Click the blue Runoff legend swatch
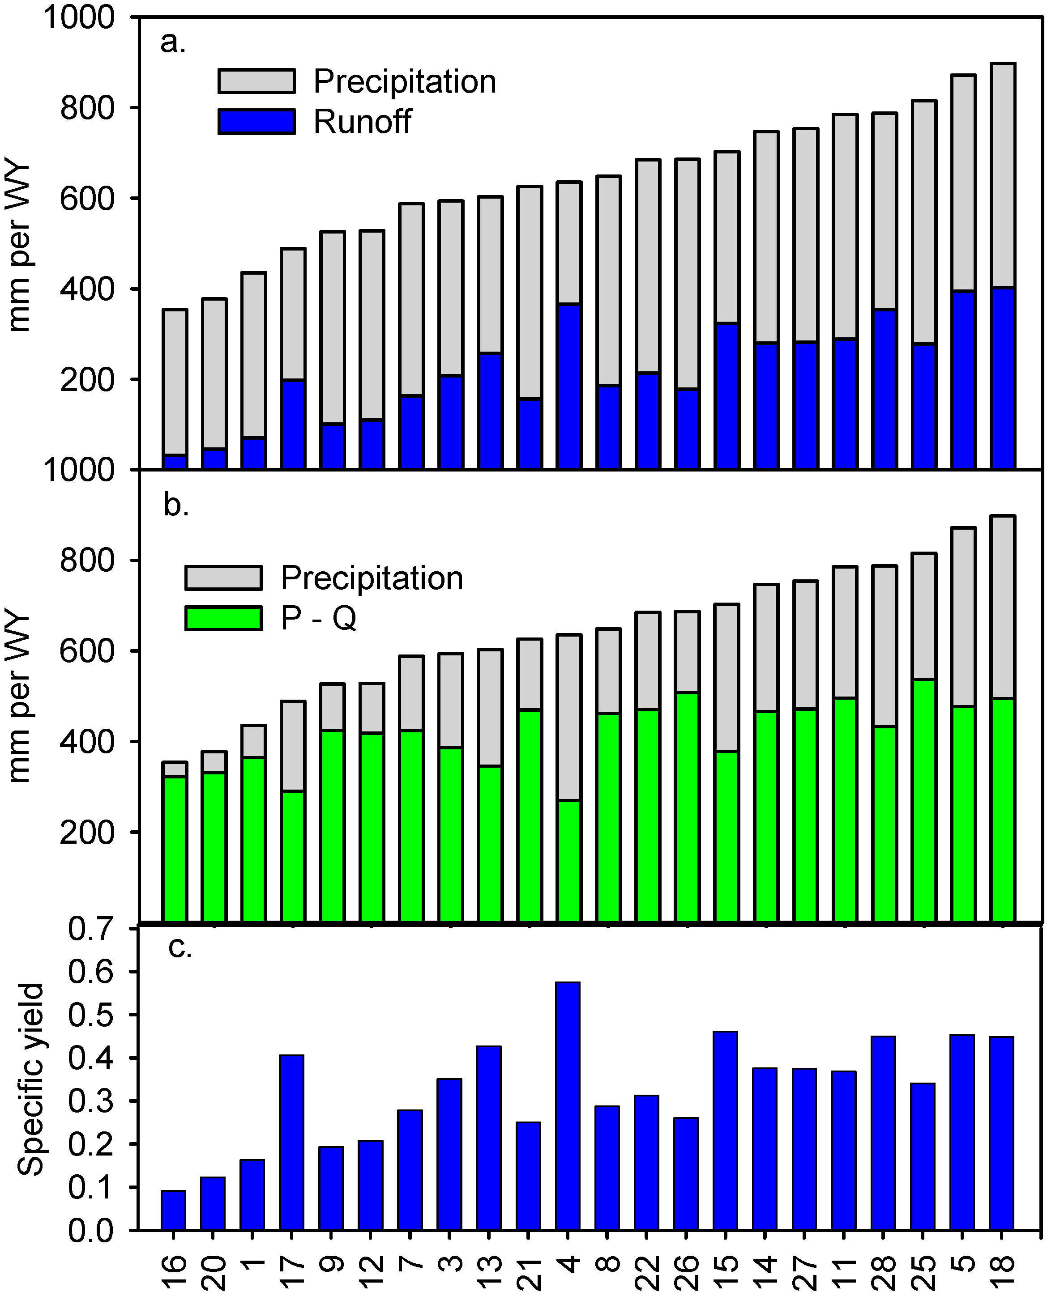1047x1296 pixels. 257,122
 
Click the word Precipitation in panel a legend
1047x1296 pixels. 405,81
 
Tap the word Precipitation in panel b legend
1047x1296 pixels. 372,578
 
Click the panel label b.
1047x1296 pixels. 176,505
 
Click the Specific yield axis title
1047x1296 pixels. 30,1079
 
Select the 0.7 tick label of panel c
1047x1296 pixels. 90,929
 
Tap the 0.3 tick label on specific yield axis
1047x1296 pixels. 90,1101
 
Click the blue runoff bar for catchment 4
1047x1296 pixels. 569,386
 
